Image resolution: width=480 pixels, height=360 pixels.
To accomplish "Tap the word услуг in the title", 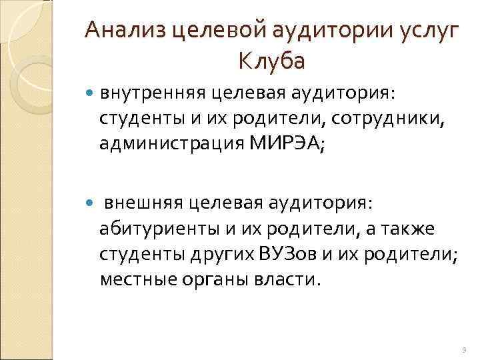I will point(426,30).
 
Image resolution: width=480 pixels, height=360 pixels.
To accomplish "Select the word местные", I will point(137,279).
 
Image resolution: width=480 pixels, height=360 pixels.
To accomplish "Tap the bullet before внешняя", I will point(91,201).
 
